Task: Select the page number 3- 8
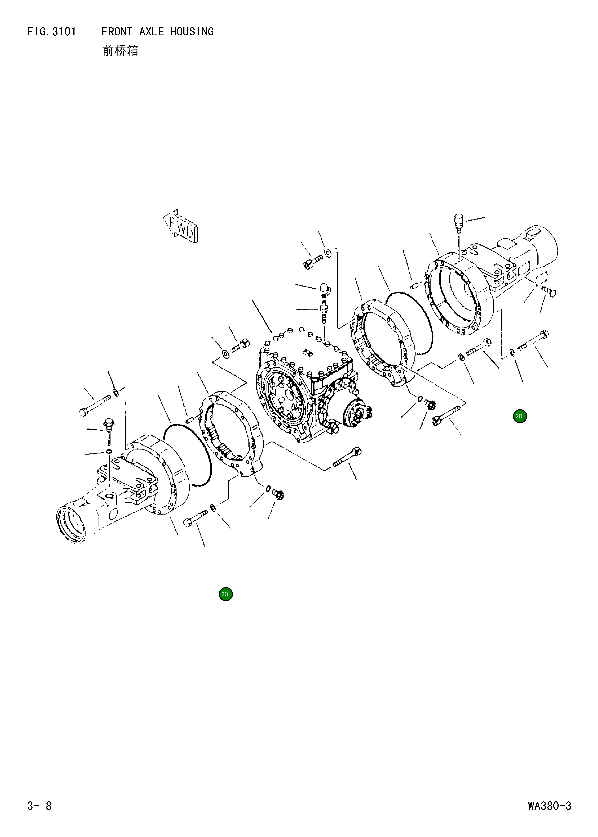click(x=39, y=806)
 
